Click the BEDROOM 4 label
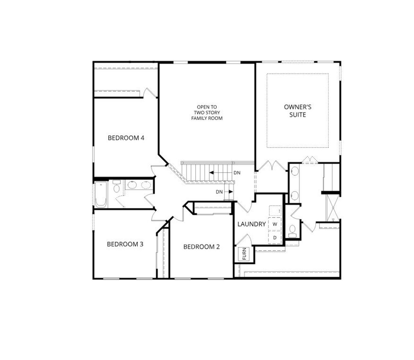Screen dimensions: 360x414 point(126,138)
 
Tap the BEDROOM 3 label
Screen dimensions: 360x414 point(125,244)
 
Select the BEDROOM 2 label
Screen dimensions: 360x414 point(201,247)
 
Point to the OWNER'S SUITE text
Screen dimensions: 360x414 point(298,111)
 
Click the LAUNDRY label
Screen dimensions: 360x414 point(251,224)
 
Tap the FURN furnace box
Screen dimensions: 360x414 point(244,254)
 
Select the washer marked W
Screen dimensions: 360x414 point(275,224)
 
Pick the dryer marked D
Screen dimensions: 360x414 point(275,238)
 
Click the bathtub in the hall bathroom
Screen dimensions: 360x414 point(101,194)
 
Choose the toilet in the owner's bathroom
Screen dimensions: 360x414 point(293,230)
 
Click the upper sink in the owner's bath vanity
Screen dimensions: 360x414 point(294,172)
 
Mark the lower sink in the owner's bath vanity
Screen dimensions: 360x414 point(294,195)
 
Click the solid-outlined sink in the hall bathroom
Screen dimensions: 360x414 point(132,185)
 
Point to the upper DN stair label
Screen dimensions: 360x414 point(237,173)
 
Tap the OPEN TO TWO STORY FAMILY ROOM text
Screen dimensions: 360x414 point(207,113)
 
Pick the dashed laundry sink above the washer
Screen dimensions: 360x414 point(275,211)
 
